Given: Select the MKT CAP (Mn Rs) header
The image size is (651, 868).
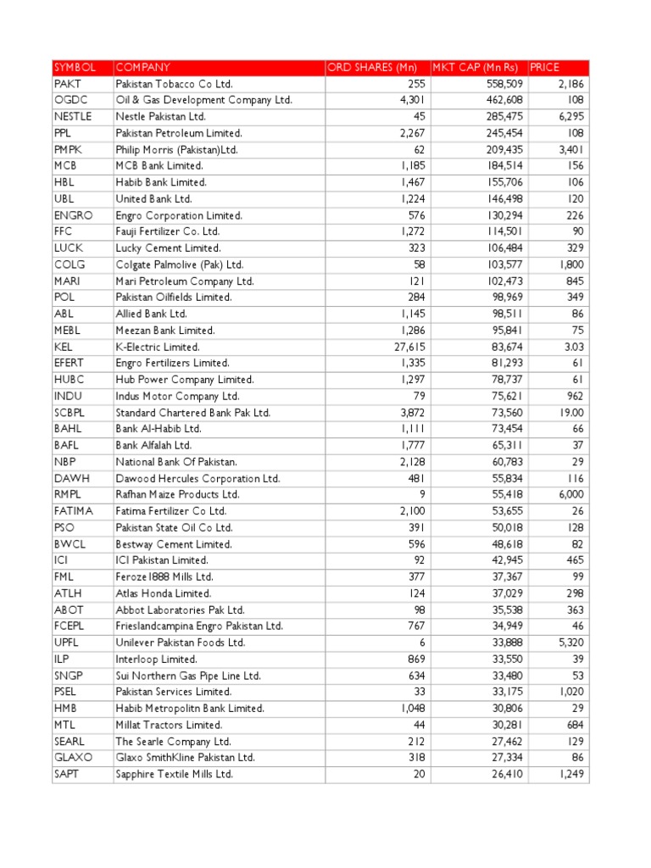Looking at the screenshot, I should [475, 68].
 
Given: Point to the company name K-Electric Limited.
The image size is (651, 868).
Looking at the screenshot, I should [158, 348].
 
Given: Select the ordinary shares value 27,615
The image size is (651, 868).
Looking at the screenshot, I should [409, 348].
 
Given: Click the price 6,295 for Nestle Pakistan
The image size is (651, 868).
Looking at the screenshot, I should [570, 117].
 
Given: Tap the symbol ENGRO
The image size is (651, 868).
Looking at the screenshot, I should [73, 215].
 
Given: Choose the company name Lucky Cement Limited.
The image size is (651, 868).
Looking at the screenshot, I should [168, 248].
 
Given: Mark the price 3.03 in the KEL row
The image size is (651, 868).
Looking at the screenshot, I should [574, 348].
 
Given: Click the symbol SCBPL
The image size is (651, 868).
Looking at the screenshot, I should [72, 413].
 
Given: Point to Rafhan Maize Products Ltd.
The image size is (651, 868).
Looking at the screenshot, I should [177, 495].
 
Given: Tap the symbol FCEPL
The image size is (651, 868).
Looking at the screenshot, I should [71, 626].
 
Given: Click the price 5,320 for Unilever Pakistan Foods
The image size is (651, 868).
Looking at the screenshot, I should [570, 643].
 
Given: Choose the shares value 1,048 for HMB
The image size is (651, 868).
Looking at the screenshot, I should [412, 709].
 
